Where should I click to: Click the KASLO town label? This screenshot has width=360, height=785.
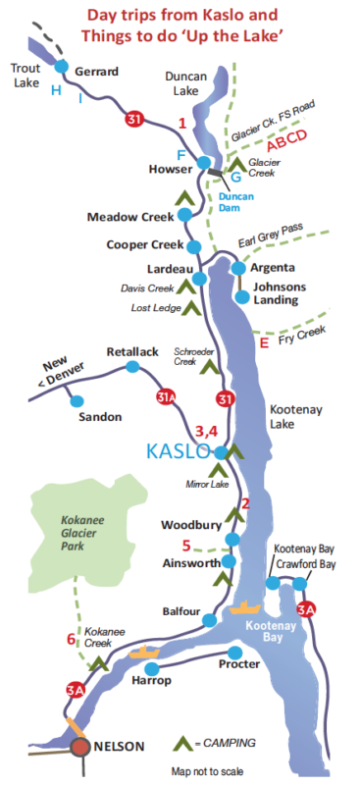click(178, 451)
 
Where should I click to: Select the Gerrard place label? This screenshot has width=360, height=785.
click(96, 71)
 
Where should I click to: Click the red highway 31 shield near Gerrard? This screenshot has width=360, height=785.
click(133, 120)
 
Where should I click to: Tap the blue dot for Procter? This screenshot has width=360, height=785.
click(234, 652)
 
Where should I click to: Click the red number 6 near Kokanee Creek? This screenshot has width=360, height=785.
click(71, 640)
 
